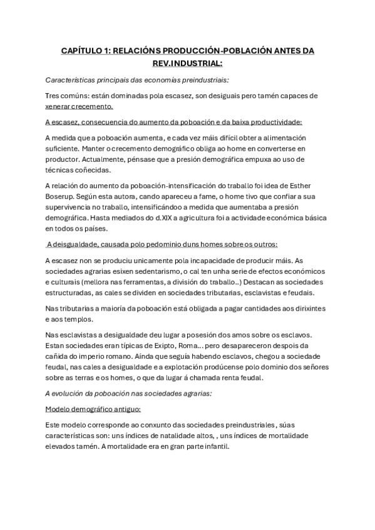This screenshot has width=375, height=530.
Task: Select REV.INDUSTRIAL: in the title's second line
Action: [187, 63]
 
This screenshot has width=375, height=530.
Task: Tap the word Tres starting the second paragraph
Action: [54, 96]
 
